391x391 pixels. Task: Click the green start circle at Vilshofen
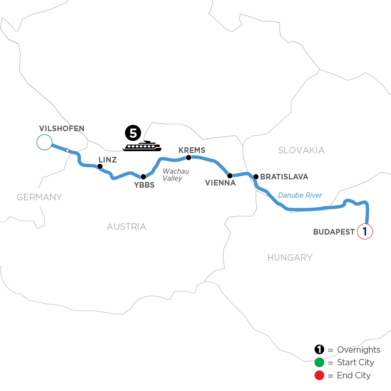click(x=44, y=142)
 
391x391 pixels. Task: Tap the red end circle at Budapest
click(x=365, y=232)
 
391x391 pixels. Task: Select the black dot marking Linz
click(x=100, y=166)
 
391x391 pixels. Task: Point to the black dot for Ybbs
click(x=143, y=177)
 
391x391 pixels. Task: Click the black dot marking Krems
click(x=189, y=158)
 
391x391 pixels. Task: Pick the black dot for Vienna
click(x=230, y=176)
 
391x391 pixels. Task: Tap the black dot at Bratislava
click(x=256, y=177)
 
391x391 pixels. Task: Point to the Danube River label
click(x=300, y=195)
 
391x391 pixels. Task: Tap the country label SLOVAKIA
click(x=301, y=150)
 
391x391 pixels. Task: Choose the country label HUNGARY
click(x=290, y=258)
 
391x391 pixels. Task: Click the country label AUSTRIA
click(x=126, y=227)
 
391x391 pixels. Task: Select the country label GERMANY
click(x=40, y=197)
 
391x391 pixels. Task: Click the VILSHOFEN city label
click(x=61, y=128)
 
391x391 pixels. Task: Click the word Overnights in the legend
click(x=358, y=350)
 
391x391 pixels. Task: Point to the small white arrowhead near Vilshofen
click(x=67, y=150)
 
